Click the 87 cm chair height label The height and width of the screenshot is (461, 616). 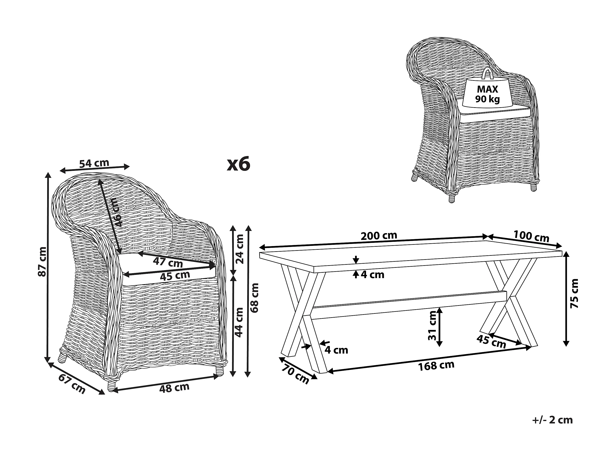(x=42, y=261)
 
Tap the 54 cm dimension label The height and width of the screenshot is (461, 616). (x=94, y=163)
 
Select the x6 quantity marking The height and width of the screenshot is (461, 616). (x=238, y=165)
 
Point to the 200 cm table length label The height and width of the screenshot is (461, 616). (x=379, y=236)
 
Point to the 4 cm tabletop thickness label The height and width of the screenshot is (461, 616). (x=373, y=275)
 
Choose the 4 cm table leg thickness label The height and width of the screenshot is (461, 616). (x=336, y=350)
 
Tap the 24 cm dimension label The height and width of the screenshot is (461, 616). (x=239, y=249)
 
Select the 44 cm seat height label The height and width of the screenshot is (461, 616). (x=239, y=322)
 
